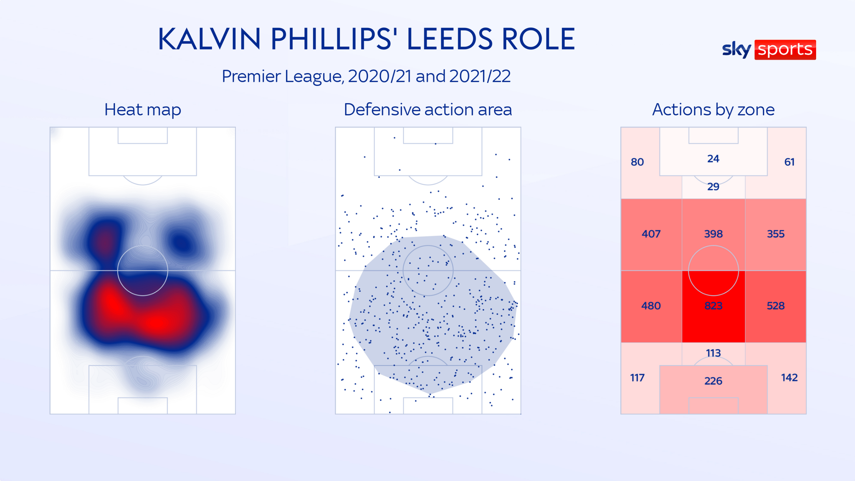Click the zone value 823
(x=713, y=306)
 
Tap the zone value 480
(x=651, y=306)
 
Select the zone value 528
(x=776, y=306)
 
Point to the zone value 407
(x=651, y=234)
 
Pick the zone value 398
(x=713, y=234)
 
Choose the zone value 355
(x=776, y=234)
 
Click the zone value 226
(x=713, y=381)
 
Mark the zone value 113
(x=713, y=353)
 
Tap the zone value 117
(x=637, y=378)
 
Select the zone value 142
(x=789, y=378)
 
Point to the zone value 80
(x=637, y=162)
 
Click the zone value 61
(x=789, y=162)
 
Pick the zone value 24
(x=713, y=159)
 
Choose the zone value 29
(x=713, y=187)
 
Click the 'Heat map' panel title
(x=142, y=110)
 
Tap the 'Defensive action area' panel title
(x=427, y=110)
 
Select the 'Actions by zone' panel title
(x=713, y=110)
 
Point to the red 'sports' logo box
(x=785, y=50)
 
